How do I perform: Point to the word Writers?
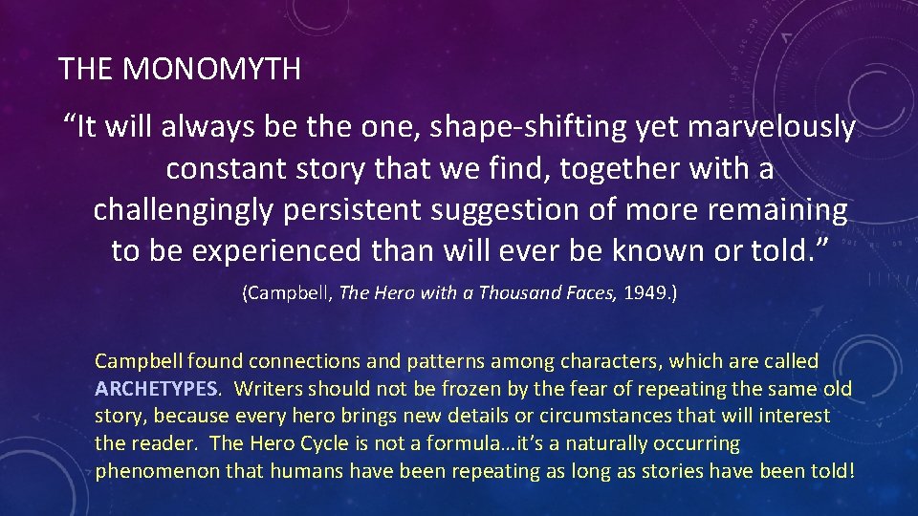click(x=267, y=389)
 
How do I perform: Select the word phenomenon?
click(x=144, y=471)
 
